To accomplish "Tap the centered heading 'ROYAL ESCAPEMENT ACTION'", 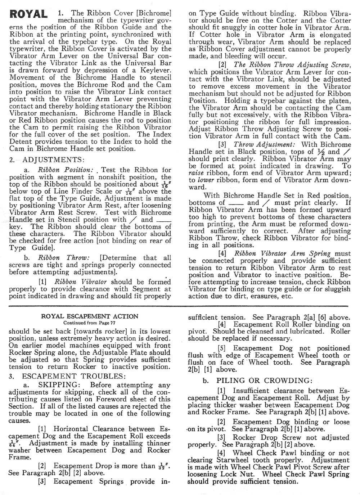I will pyautogui.click(x=90, y=316).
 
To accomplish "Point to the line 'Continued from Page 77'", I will pyautogui.click(x=90, y=323).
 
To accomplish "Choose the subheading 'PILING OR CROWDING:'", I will pyautogui.click(x=264, y=381).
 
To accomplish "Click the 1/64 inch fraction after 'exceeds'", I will pyautogui.click(x=13, y=443).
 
